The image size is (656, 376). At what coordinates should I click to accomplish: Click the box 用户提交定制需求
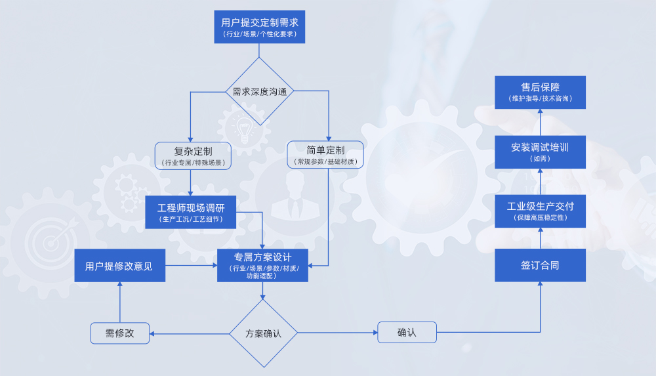point(260,27)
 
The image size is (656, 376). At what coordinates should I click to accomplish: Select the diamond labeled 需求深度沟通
point(260,92)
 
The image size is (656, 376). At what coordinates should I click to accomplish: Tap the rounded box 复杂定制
point(193,156)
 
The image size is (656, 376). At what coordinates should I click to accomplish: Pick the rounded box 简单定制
point(325,156)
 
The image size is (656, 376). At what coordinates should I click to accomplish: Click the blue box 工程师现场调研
point(190,212)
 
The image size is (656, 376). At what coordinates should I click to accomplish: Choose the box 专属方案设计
point(262,264)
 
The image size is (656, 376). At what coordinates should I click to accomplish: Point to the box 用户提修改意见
point(119,266)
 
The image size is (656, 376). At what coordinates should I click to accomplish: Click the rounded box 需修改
point(120,333)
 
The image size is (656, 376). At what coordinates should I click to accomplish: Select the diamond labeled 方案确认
point(263,333)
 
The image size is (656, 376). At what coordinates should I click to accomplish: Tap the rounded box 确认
point(407,333)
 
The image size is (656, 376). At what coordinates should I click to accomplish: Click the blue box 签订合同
point(540,265)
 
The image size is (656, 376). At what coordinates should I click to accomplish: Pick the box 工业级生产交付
point(540,211)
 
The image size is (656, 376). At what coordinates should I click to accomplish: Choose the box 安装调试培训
point(540,152)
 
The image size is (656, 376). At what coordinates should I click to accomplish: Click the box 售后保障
point(540,92)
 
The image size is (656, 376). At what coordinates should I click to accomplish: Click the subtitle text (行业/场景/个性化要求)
point(260,34)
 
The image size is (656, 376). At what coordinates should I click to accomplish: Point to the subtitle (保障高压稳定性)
point(540,218)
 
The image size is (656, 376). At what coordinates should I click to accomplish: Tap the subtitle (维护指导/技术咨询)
point(540,99)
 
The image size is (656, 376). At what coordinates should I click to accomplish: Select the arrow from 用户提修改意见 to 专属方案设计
point(191,266)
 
